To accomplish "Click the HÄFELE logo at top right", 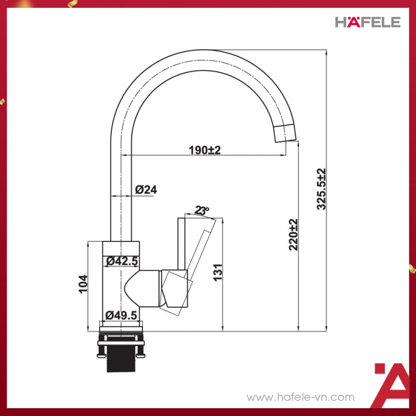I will click(367, 22).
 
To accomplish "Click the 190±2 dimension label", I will click(204, 150).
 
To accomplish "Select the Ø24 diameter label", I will click(146, 190).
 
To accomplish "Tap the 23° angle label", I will click(201, 211).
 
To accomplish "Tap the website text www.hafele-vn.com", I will click(301, 397).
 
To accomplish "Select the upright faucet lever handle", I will click(183, 244).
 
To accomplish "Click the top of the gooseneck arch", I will click(198, 58).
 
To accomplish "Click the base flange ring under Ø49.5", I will click(121, 326).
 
